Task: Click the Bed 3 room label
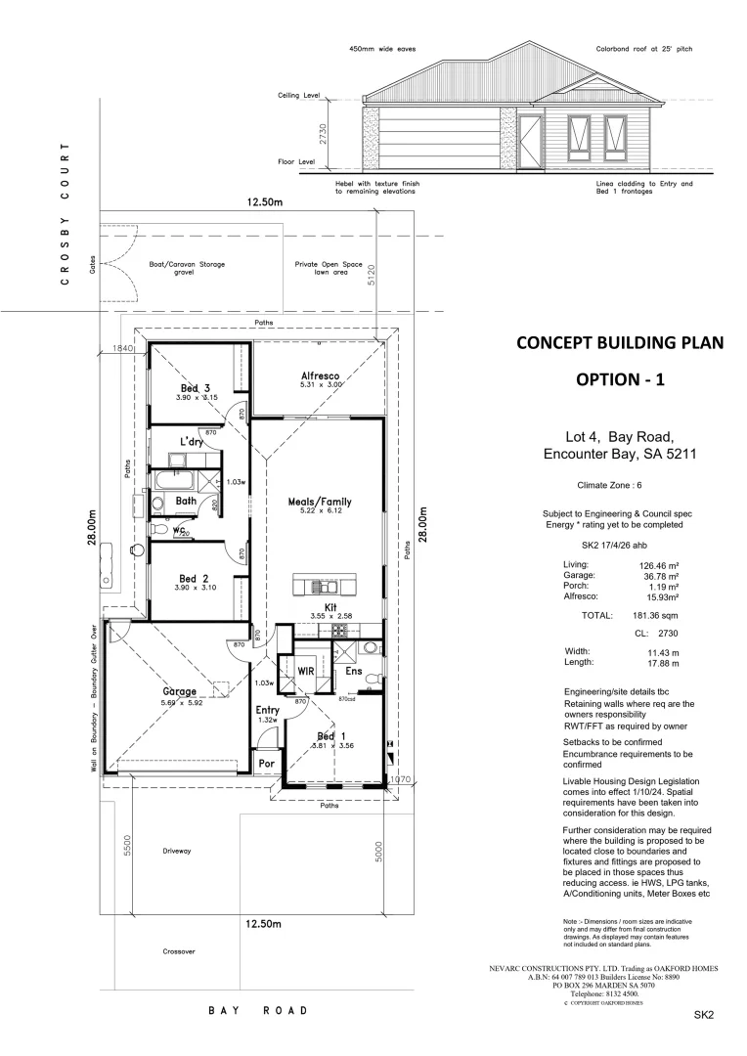point(195,388)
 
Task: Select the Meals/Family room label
point(320,502)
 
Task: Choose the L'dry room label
point(191,442)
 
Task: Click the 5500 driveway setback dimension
point(127,845)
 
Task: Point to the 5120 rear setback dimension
point(371,276)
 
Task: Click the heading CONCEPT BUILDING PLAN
point(614,343)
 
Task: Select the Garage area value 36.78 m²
point(657,575)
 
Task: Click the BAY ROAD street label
point(258,1010)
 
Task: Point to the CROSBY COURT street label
point(65,213)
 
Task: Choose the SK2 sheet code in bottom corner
point(705,1015)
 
